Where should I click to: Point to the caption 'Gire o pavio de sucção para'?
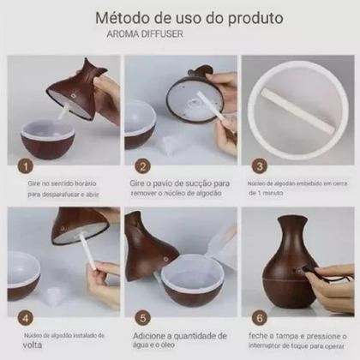coord(180,183)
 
